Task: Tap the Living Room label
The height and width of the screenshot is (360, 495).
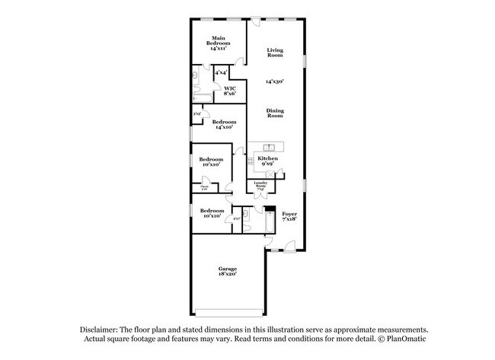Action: click(x=275, y=53)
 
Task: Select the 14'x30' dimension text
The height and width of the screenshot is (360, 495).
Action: click(x=275, y=81)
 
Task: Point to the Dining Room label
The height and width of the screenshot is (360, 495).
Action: click(x=275, y=113)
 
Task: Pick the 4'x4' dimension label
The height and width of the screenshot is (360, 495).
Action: click(x=221, y=72)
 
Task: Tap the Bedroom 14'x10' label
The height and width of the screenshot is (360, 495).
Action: click(x=224, y=125)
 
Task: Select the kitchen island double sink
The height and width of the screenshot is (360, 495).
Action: click(x=268, y=146)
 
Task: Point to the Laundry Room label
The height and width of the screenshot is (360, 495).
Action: click(x=260, y=185)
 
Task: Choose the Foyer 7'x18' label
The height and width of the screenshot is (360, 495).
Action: click(x=289, y=217)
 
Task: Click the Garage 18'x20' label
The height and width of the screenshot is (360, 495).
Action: click(x=227, y=271)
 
